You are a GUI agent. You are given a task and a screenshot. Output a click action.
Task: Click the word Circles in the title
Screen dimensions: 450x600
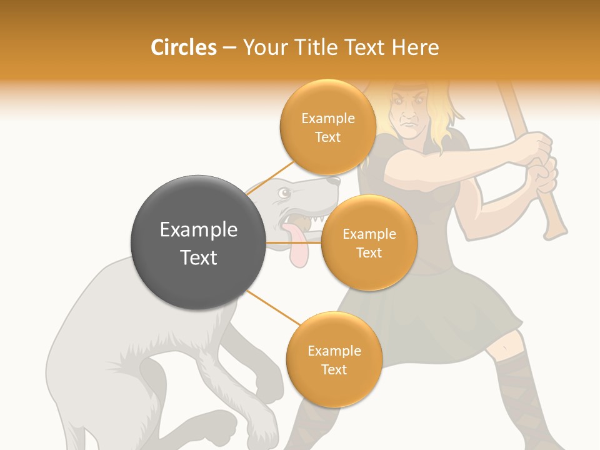[183, 47]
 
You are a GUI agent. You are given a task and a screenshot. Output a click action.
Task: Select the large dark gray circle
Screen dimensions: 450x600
[199, 242]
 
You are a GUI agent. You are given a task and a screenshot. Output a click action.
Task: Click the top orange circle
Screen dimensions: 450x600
[327, 127]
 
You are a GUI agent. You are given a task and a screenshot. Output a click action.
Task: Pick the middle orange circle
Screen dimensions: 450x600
[369, 243]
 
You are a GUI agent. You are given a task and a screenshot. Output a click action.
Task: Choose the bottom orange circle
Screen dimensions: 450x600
[334, 360]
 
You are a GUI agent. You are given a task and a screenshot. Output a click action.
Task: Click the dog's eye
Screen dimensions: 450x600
[285, 194]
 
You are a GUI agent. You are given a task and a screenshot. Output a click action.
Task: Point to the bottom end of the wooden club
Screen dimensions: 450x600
[554, 231]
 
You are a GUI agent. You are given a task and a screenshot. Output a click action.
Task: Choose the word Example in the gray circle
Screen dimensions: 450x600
[199, 230]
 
